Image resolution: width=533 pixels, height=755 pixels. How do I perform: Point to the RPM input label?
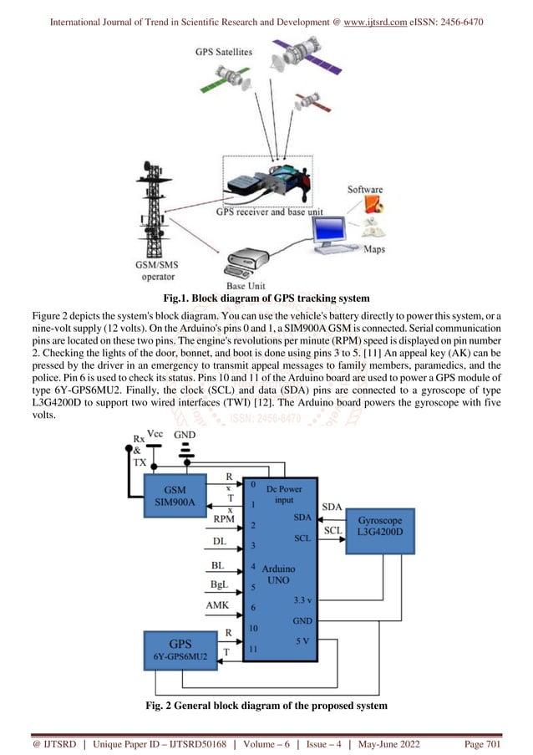224,519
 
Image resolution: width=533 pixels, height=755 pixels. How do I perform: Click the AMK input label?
219,604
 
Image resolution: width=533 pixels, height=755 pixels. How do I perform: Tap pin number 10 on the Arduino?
253,627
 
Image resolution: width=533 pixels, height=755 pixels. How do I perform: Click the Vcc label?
155,435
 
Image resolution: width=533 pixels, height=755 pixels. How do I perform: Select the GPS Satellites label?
223,52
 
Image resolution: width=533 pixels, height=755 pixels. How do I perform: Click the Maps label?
374,248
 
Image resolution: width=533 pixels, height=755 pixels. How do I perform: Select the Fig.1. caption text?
266,298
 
